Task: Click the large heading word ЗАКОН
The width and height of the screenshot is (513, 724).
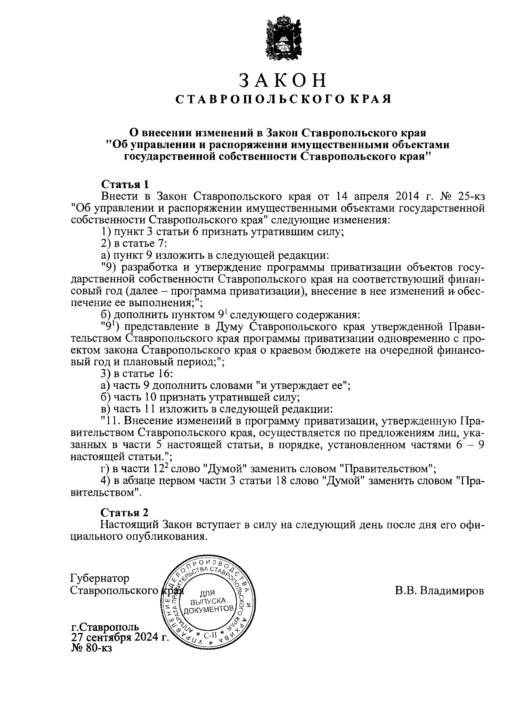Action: pos(283,80)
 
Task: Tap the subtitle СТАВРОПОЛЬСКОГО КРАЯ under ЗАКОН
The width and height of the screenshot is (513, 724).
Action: pos(284,100)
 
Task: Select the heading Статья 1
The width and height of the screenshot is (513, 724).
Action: pos(125,184)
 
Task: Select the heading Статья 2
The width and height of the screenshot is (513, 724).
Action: pos(125,512)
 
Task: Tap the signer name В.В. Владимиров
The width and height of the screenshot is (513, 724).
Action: pos(439,591)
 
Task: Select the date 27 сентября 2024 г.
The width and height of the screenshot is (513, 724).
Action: pos(120,638)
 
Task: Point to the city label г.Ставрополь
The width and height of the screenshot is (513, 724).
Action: pos(105,627)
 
